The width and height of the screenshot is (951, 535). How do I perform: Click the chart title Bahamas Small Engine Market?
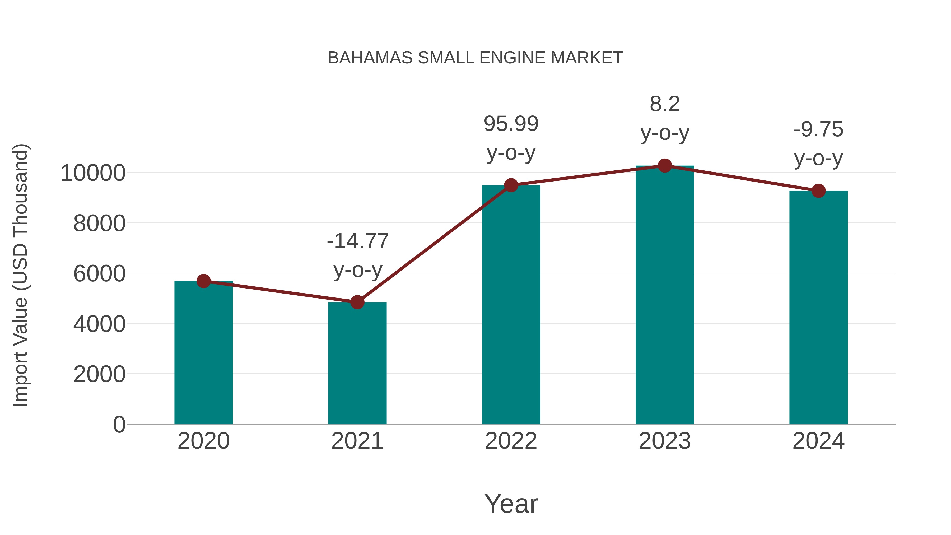pos(475,58)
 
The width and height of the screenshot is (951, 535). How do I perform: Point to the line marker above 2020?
pos(203,281)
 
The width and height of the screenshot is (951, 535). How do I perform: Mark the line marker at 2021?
pos(357,303)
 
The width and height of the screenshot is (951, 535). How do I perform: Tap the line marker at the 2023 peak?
pos(665,166)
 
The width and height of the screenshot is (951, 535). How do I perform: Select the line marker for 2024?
pos(818,191)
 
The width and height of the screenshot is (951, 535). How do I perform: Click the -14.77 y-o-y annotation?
pos(358,255)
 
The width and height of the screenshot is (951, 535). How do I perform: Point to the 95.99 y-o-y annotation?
pos(511,138)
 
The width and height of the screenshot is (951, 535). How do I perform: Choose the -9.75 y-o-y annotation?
pos(818,144)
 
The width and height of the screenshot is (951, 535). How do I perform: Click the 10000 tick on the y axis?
pos(93,173)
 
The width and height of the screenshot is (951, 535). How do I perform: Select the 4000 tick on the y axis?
pos(99,324)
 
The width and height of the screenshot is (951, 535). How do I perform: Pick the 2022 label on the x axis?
pos(511,441)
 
